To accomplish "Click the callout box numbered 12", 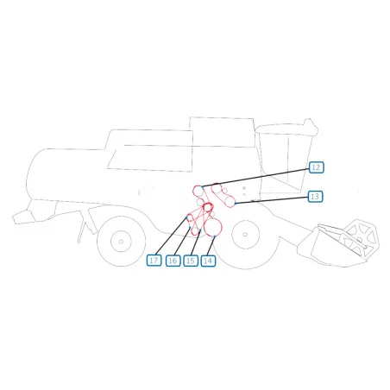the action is point(316,167).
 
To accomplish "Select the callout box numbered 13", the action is point(315,197).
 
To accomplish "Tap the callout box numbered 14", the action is point(208,261).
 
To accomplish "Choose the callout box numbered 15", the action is point(191,261).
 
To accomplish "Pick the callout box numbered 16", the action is point(173,261).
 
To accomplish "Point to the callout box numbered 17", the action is point(154,261).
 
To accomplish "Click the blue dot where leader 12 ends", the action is point(203,186).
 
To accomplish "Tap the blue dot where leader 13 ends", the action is point(236,204).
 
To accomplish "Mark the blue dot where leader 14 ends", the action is point(215,236).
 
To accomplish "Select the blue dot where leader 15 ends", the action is point(200,230).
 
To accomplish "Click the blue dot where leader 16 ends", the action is point(190,228).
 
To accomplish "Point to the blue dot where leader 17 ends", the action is point(187,217).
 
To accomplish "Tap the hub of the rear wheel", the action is point(121,242).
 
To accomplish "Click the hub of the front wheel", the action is point(245,235).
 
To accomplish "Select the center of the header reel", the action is point(360,240).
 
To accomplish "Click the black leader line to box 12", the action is point(256,178).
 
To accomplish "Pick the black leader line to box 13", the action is point(272,200).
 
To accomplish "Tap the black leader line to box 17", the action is point(172,236).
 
